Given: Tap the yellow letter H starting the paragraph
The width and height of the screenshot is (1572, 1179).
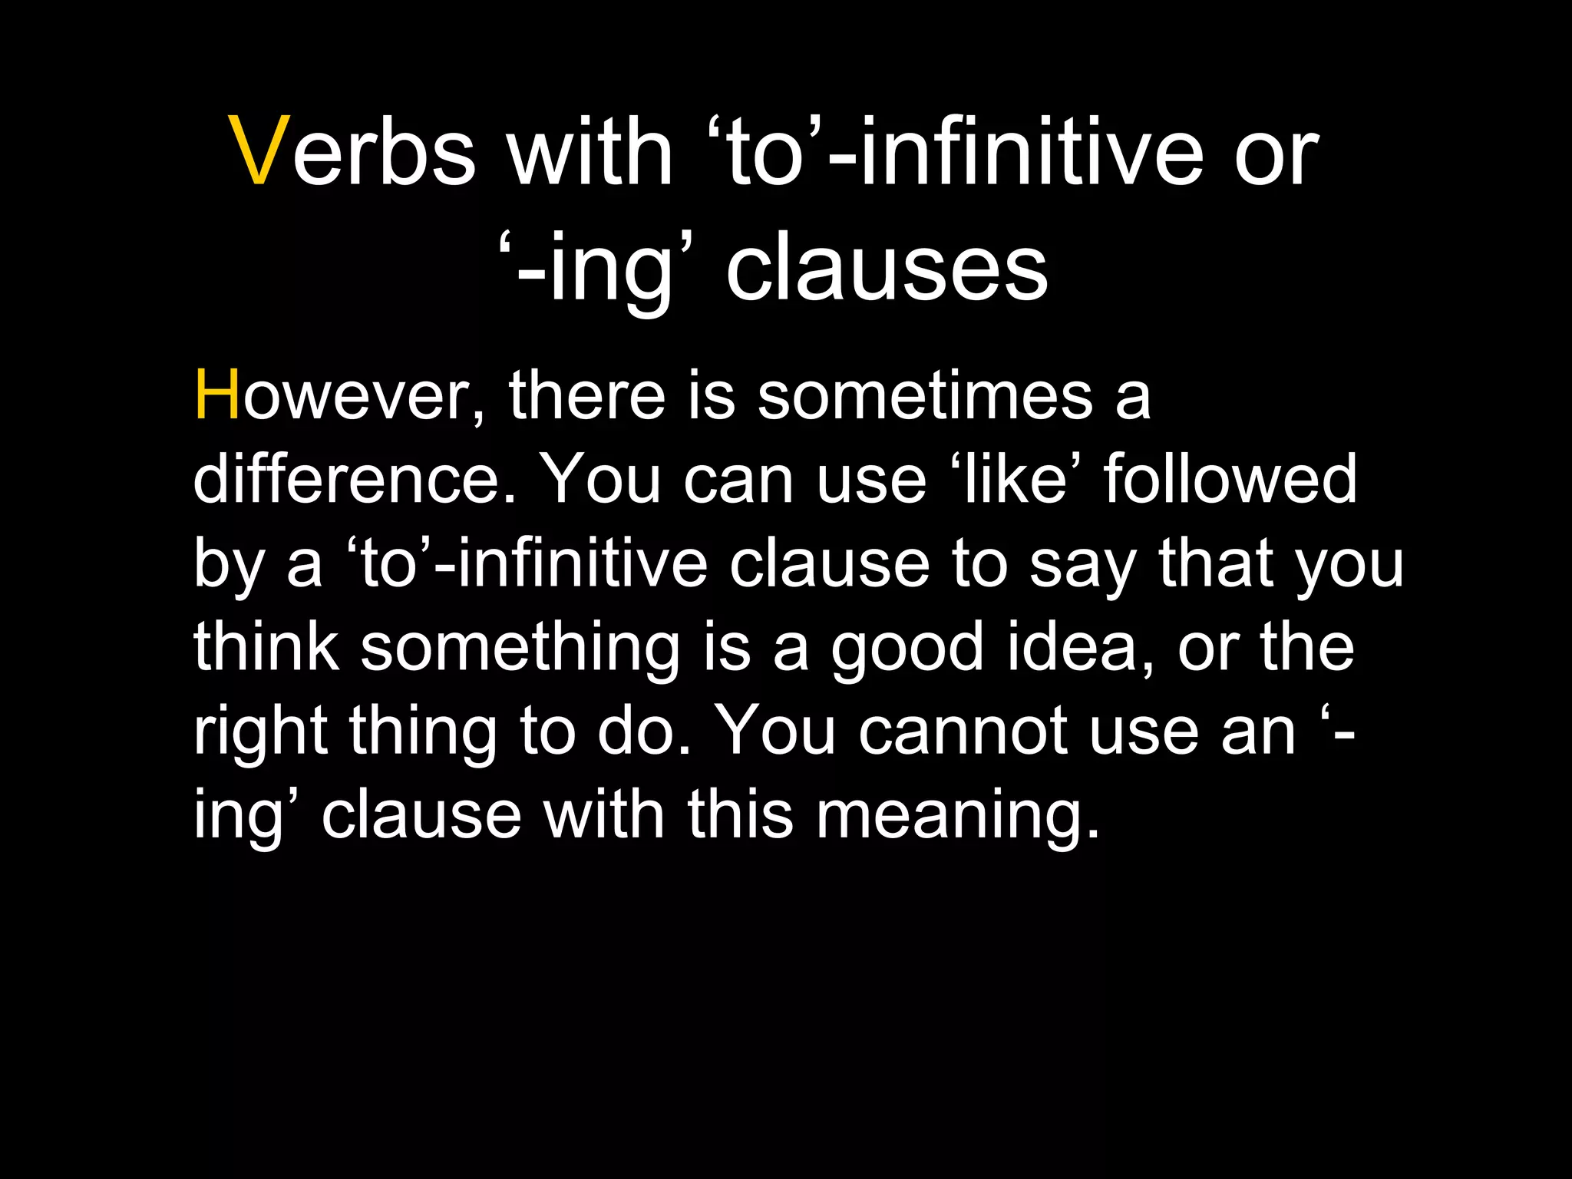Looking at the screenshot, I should pyautogui.click(x=217, y=396).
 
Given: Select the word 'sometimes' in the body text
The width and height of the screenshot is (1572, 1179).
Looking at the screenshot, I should pyautogui.click(x=924, y=396).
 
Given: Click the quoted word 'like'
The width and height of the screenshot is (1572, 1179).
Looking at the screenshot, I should pyautogui.click(x=1017, y=479).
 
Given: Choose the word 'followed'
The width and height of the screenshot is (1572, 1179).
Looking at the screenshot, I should pyautogui.click(x=1230, y=479).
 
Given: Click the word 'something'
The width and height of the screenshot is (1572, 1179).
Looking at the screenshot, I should pyautogui.click(x=520, y=649).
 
